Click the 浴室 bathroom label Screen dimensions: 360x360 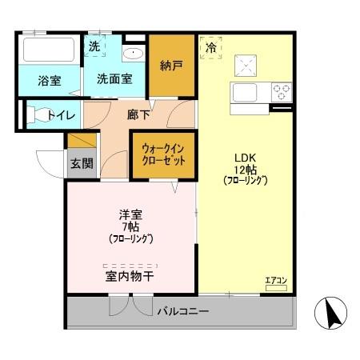(50, 80)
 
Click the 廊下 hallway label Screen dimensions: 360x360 (138, 114)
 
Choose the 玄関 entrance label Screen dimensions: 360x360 (81, 164)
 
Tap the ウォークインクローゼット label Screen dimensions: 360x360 (163, 154)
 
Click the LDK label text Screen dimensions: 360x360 (244, 156)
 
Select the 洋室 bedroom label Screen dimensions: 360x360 (130, 214)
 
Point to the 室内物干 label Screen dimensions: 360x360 (130, 276)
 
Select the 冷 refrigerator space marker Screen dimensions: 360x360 (211, 48)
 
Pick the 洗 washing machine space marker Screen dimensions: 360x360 (94, 46)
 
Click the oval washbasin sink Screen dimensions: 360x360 (132, 54)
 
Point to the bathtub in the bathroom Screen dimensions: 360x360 (47, 50)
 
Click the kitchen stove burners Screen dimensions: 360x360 (281, 90)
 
